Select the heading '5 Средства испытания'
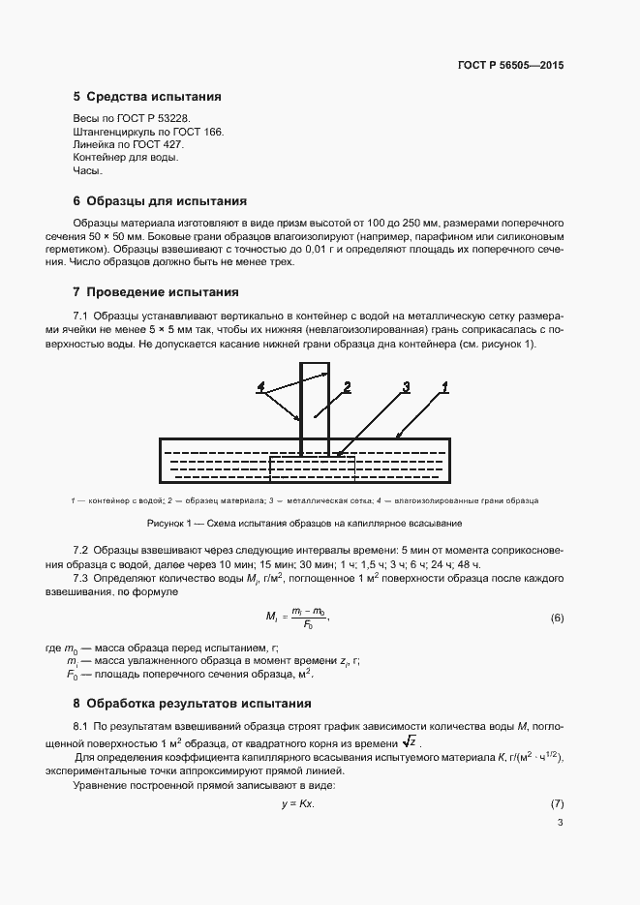tap(147, 97)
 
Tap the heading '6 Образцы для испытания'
tap(160, 201)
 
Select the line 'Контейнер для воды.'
tap(125, 157)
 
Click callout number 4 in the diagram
tap(261, 387)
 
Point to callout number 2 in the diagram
tap(346, 387)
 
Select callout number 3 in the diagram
tap(407, 387)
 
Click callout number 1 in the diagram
tap(444, 387)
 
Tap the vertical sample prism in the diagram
tap(315, 407)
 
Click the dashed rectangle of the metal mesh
tap(312, 468)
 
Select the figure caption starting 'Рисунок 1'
tap(304, 523)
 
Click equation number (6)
tap(557, 618)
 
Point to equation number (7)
tap(557, 805)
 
